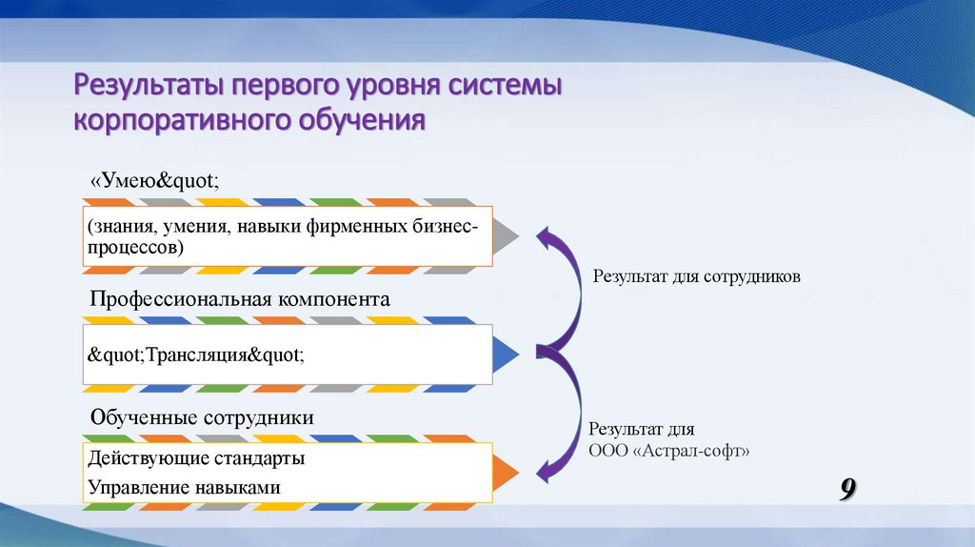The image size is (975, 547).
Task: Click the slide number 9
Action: [x=846, y=490]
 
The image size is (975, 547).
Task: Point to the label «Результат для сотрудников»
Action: [x=698, y=276]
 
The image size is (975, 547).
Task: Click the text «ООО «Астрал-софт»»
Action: [x=669, y=450]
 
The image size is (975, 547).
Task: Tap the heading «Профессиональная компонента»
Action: [x=240, y=298]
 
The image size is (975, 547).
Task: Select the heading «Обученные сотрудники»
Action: [x=202, y=417]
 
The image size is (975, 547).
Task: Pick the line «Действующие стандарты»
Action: [x=196, y=458]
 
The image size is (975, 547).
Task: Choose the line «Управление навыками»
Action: [x=184, y=487]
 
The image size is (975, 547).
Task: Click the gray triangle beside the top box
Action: [x=506, y=235]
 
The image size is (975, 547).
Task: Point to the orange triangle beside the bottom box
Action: [x=506, y=473]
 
